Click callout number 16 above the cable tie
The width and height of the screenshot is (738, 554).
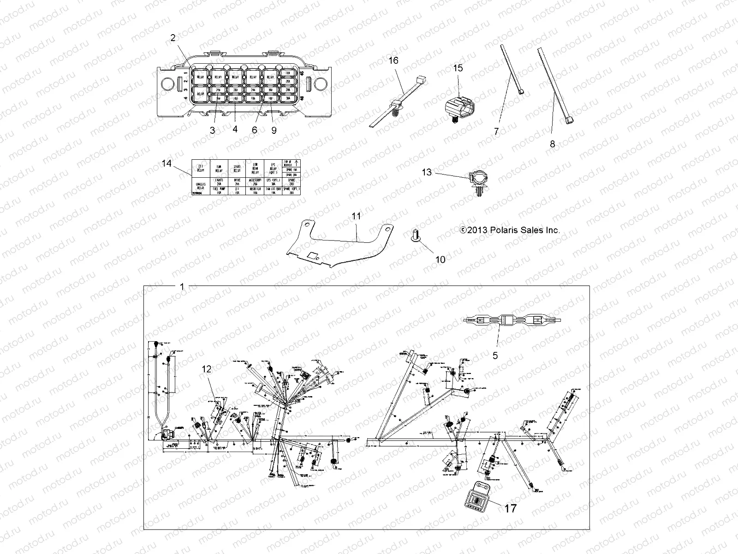pos(393,60)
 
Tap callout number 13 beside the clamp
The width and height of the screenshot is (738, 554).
pos(427,172)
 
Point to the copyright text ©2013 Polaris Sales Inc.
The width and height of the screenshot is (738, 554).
pos(510,230)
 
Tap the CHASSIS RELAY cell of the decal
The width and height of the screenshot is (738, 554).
pos(200,186)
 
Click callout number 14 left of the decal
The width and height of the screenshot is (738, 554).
pos(167,163)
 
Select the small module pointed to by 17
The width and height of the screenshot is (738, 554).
pos(475,499)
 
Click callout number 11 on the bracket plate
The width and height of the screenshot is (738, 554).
pos(356,216)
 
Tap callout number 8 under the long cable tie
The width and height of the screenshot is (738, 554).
pos(553,144)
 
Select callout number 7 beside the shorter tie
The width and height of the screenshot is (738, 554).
pos(497,132)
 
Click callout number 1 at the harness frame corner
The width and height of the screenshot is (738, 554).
pos(182,287)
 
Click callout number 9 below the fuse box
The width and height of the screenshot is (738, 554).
pos(274,130)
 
